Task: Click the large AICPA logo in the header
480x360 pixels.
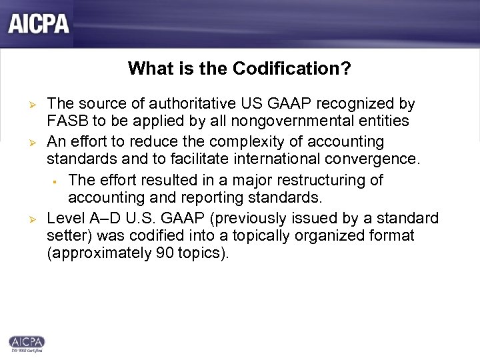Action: (x=39, y=24)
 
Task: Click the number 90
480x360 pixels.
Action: (x=155, y=254)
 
